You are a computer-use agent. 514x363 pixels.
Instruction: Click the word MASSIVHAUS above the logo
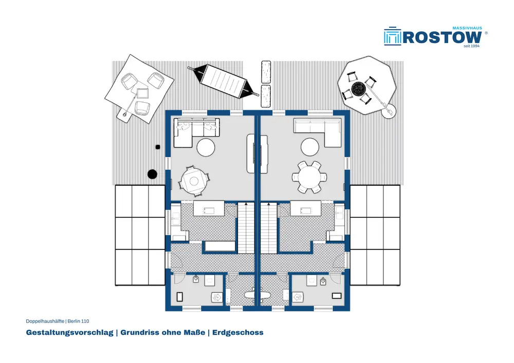(x=467, y=28)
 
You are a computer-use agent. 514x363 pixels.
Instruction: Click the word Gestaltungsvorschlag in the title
(x=69, y=333)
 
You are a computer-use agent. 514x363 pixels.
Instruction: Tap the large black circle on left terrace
(x=152, y=174)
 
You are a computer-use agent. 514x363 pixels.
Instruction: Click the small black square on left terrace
(x=158, y=148)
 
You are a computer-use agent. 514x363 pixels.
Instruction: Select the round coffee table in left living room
(x=206, y=147)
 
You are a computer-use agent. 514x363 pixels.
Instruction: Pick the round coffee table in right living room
(x=310, y=147)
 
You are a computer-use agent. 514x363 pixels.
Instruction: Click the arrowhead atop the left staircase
(x=246, y=204)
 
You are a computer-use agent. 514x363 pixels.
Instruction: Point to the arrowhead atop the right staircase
(x=268, y=204)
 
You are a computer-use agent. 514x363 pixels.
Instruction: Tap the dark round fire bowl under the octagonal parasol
(x=359, y=88)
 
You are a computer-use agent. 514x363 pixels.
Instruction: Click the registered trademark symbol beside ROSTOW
(x=486, y=33)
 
